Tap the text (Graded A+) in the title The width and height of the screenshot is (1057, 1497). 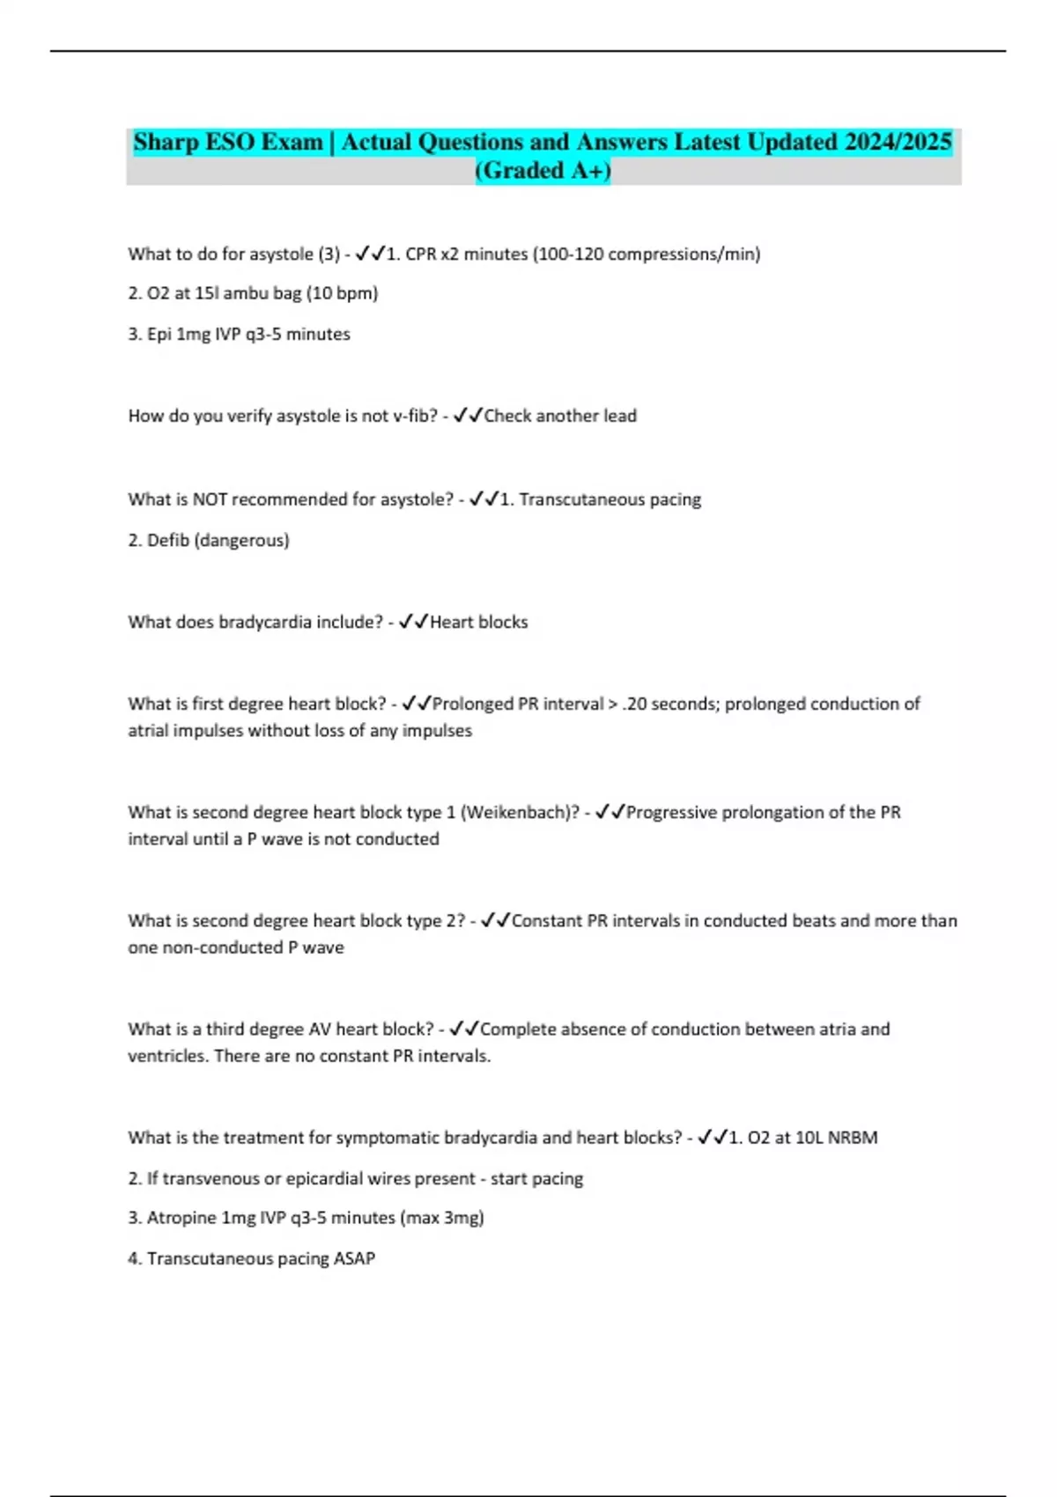[x=543, y=171]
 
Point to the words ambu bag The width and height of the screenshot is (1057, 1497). [x=262, y=293]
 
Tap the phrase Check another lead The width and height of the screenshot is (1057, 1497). [x=560, y=416]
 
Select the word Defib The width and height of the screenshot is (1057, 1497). [x=167, y=540]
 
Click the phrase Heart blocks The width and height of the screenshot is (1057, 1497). [x=479, y=622]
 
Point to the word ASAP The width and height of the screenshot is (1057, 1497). [x=354, y=1258]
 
